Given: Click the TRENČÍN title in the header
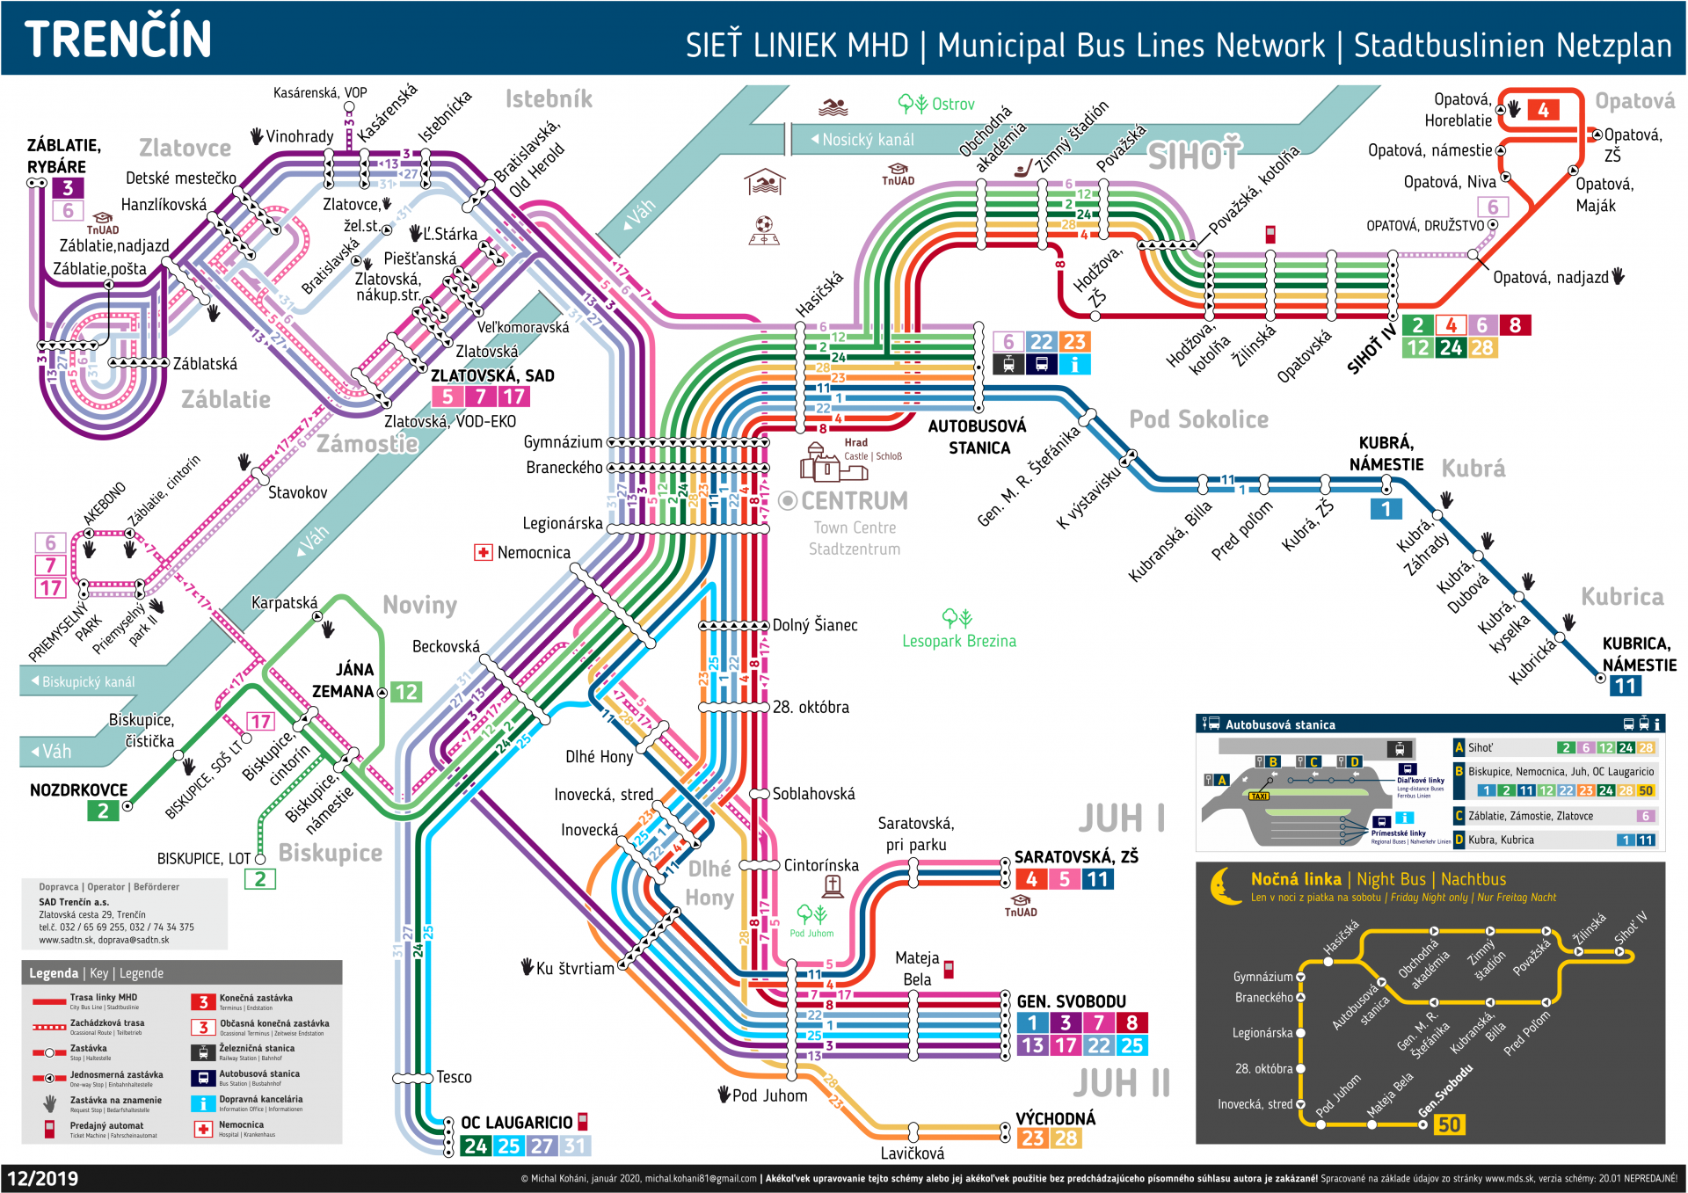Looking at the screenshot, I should (118, 39).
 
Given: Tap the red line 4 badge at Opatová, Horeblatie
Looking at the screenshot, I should (1543, 110).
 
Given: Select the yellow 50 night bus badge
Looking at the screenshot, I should (1449, 1124).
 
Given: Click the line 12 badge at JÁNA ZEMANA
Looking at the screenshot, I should (405, 692).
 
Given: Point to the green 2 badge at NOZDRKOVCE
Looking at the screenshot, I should (103, 811).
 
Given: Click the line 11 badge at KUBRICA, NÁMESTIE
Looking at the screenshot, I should (1625, 686).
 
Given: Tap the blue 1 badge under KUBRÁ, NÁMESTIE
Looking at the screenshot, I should (1386, 509).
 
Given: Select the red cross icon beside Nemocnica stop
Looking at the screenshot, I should (483, 552).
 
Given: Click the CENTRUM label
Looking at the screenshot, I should (854, 501).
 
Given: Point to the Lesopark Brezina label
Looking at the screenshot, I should (958, 641).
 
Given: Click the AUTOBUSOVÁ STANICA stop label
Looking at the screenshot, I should (978, 437).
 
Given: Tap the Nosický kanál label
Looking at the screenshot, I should (867, 140).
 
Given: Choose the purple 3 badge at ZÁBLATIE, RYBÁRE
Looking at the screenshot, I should (68, 187).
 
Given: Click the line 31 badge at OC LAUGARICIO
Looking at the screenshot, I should (575, 1146).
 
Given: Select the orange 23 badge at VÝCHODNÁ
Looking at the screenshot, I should (1032, 1138).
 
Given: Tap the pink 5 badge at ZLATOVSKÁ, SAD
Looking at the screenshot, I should (447, 396).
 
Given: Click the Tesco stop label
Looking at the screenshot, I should (454, 1077).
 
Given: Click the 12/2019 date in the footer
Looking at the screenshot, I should (43, 1178).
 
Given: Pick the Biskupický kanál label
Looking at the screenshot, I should (88, 682).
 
